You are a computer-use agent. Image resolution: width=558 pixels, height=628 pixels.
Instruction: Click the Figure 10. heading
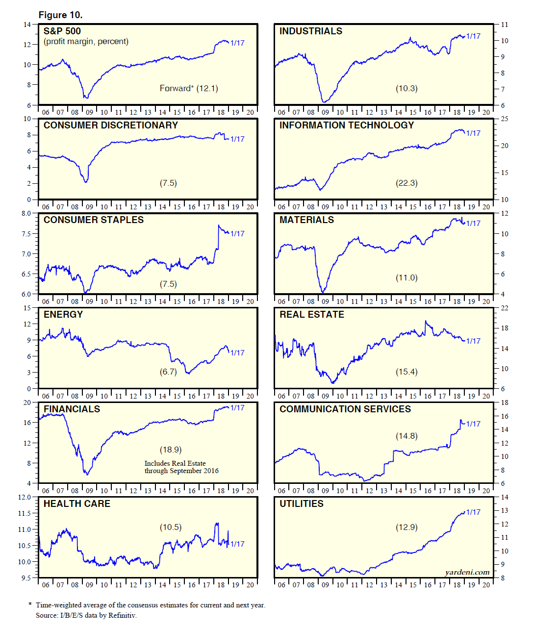(60, 15)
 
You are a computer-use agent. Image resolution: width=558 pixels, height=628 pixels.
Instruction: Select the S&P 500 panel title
(62, 31)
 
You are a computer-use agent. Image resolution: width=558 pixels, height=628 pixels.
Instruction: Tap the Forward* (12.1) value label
(189, 88)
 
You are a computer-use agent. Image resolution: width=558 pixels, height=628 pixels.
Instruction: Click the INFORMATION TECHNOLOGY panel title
(347, 125)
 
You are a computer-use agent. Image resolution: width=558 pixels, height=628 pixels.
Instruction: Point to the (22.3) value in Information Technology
(406, 183)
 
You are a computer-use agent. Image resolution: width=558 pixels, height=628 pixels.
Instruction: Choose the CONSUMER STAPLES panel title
(94, 220)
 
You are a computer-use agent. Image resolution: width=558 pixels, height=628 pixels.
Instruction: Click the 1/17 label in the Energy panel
(237, 352)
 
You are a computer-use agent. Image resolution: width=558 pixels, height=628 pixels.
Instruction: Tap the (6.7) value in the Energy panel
(168, 372)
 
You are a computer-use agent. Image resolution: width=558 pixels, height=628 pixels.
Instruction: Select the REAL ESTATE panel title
(312, 314)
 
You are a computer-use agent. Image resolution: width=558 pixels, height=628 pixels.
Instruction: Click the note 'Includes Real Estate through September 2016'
(181, 467)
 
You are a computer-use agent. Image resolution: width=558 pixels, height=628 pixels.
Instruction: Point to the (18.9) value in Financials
(170, 450)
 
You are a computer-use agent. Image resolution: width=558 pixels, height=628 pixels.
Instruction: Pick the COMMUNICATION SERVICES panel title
(345, 409)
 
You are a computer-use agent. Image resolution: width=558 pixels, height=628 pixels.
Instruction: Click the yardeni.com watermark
(467, 572)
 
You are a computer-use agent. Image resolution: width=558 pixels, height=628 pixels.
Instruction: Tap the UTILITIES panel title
(302, 503)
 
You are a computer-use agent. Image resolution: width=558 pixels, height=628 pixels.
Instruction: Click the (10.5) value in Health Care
(170, 527)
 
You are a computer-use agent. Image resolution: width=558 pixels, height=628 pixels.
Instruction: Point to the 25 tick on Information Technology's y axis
(505, 119)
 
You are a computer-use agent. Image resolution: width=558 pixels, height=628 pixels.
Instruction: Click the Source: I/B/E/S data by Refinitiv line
(86, 615)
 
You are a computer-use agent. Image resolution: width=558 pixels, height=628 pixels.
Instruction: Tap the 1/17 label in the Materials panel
(473, 223)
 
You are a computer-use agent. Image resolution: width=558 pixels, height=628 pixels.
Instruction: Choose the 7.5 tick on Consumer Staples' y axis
(26, 234)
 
